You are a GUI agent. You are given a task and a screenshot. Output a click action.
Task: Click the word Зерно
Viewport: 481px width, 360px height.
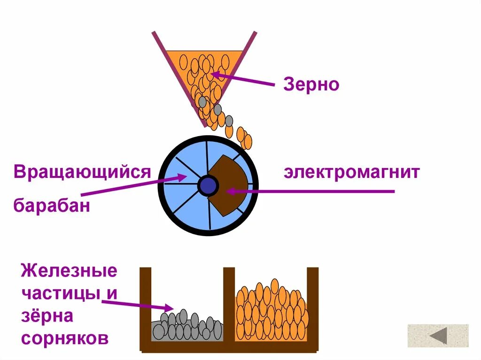pos(311,85)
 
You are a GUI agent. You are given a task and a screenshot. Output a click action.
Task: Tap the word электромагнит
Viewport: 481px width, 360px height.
pos(351,172)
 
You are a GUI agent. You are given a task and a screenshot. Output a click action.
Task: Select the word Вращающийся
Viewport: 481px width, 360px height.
pos(82,172)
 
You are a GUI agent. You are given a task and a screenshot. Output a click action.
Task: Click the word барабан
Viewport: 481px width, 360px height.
pos(52,206)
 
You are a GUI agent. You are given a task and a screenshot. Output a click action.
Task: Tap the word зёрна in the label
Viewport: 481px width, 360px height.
pos(47,315)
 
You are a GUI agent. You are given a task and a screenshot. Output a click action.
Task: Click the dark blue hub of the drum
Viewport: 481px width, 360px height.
pos(207,186)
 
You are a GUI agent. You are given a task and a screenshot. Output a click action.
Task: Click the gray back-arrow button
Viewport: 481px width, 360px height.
pos(438,336)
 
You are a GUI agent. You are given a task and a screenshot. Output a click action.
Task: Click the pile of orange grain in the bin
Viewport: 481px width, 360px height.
pos(271,312)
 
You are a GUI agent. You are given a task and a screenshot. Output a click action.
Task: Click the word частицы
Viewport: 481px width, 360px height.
pos(61,293)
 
